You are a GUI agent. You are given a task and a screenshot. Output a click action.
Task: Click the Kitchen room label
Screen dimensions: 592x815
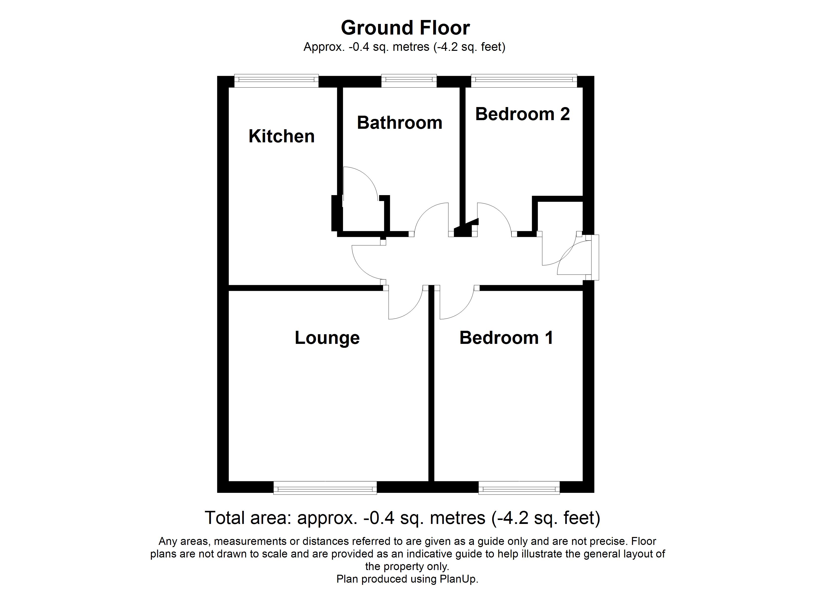[281, 136]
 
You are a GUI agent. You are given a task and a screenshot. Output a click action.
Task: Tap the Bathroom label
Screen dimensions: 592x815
[399, 123]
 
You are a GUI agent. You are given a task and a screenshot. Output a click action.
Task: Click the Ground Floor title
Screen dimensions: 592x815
[405, 28]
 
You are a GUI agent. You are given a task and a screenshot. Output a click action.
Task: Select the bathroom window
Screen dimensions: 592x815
[408, 81]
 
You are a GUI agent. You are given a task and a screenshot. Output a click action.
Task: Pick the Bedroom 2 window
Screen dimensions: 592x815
[524, 81]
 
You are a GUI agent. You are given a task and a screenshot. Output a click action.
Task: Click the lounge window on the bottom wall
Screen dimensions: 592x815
[325, 488]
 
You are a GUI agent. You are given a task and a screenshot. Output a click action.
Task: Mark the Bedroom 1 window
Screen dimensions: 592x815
[519, 488]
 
